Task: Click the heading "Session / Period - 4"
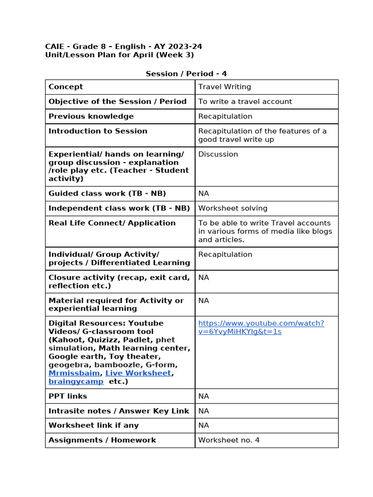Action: pos(186,74)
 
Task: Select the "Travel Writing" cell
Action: pos(224,87)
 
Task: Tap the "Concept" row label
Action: pos(66,87)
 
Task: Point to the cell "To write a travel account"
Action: pos(245,101)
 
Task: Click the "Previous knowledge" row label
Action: pos(91,116)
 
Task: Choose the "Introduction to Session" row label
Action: pos(98,131)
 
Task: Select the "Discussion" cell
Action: pos(218,154)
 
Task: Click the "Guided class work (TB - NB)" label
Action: pos(107,194)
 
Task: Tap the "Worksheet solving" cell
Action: pos(233,208)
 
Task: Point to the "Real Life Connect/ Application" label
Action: pos(112,223)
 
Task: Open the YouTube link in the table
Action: pos(261,328)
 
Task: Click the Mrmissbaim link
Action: pos(74,373)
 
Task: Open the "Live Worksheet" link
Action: pos(138,373)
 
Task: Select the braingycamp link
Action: pos(76,381)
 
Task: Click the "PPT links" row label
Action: pos(68,396)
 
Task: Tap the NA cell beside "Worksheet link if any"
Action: pos(203,425)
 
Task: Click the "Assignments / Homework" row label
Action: pos(102,440)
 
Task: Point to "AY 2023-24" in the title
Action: pos(178,47)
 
